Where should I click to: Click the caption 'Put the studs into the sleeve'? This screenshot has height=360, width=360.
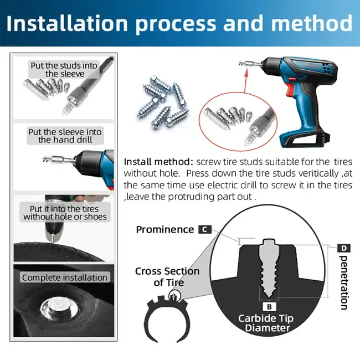pos(64,69)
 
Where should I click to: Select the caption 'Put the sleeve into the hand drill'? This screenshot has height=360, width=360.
pos(65,135)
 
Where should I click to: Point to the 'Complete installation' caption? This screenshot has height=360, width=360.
pos(65,277)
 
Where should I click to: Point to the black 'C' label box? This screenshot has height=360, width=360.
pos(204,229)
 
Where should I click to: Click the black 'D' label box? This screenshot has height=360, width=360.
pos(343,248)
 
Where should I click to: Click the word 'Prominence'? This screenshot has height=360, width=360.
pos(164,229)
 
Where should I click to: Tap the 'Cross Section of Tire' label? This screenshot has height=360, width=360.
pos(167,276)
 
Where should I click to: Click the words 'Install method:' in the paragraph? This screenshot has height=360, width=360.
pos(158,162)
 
